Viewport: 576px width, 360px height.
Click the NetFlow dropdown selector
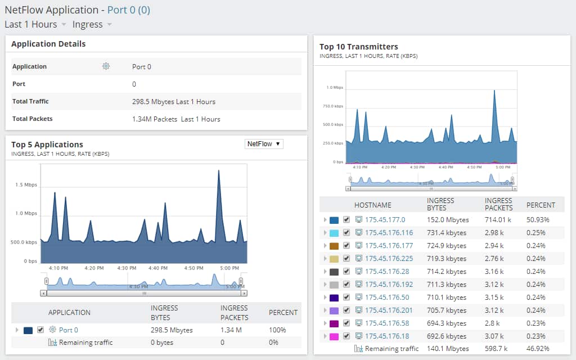point(264,144)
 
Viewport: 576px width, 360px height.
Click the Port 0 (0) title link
point(128,10)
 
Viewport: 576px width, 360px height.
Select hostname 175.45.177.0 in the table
point(385,220)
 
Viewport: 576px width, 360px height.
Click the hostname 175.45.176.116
point(389,233)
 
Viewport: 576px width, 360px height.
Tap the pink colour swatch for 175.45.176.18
point(334,336)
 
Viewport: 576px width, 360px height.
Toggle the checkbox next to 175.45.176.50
point(346,298)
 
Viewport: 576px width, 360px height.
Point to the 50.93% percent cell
point(538,220)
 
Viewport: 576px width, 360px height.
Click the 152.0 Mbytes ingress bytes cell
point(448,220)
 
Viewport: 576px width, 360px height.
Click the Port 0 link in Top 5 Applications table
point(69,330)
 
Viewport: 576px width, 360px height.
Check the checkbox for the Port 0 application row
point(40,330)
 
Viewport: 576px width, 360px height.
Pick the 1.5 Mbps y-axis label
point(26,184)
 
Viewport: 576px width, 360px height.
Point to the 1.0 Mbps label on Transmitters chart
point(334,88)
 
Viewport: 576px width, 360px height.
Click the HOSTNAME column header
point(372,205)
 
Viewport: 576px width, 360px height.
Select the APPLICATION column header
point(69,313)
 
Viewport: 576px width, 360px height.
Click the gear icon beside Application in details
point(106,66)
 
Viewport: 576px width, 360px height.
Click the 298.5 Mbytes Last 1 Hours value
point(173,102)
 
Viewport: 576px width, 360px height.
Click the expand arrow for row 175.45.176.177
point(325,246)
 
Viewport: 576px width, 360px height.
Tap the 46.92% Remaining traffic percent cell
point(538,349)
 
